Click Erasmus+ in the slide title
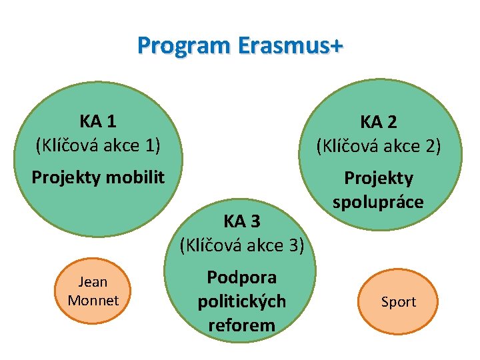[287, 46]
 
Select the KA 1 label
[98, 121]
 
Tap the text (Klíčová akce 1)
[98, 143]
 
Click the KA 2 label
[379, 122]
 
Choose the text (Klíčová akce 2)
[379, 145]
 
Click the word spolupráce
[377, 202]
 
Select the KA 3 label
[242, 221]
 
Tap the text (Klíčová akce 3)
[242, 245]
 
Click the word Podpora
[241, 277]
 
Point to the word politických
[241, 301]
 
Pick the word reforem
[241, 325]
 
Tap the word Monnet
[93, 301]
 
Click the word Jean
[93, 283]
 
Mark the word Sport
[398, 302]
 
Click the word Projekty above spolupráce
[378, 179]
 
